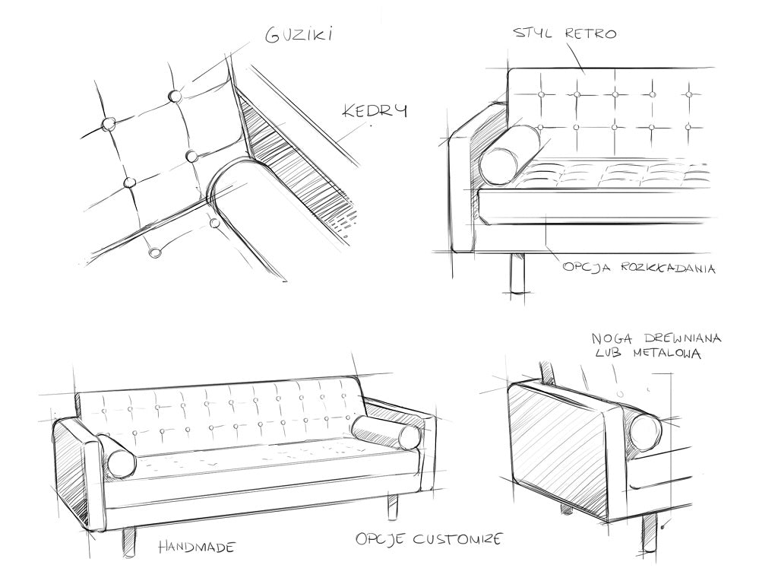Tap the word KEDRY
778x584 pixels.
(375, 110)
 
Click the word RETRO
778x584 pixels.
(590, 33)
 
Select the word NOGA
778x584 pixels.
(609, 338)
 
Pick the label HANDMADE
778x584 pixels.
(197, 547)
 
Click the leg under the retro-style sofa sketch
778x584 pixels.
(518, 275)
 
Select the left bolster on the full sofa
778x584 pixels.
(117, 455)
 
